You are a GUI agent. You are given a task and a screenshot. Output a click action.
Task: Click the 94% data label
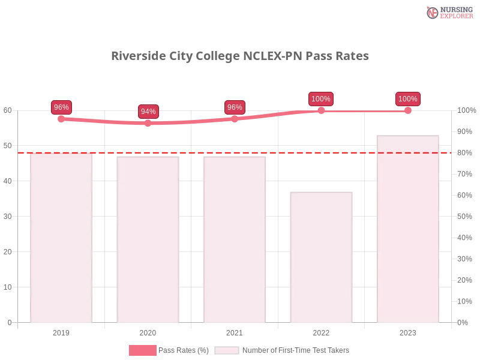click(148, 112)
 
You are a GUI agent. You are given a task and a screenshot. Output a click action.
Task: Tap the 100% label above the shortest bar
click(321, 99)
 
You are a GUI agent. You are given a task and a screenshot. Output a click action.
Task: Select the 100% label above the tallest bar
click(407, 99)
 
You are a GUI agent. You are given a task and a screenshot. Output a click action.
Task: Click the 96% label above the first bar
click(61, 107)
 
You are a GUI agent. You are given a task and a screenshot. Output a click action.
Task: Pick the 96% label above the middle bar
click(235, 107)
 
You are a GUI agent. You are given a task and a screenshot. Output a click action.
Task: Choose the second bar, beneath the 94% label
click(148, 240)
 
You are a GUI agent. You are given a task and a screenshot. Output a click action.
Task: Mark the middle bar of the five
click(235, 240)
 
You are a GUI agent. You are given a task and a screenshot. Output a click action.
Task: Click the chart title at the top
click(239, 56)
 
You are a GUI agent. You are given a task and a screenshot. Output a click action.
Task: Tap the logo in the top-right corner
click(448, 12)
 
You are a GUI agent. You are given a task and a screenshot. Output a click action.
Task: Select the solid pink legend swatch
click(142, 350)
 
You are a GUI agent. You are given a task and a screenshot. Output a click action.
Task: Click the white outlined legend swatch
click(226, 350)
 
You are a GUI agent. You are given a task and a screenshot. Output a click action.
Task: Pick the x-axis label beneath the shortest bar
click(321, 331)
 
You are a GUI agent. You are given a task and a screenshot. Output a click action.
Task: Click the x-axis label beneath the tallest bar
click(407, 331)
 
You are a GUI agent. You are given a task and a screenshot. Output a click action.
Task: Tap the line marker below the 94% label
click(148, 123)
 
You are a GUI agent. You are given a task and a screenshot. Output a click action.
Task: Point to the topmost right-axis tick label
click(465, 110)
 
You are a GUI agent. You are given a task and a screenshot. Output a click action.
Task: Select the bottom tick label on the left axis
click(9, 322)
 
